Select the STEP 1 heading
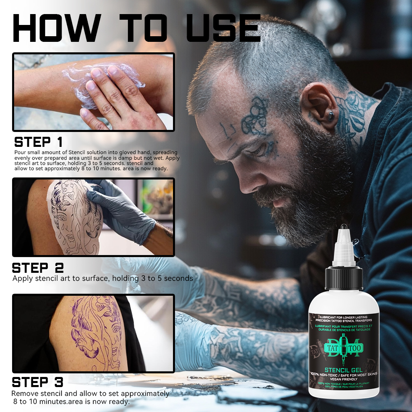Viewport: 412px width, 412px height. coord(39,142)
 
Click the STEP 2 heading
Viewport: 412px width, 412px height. coord(38,268)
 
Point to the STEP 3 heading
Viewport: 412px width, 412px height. coord(38,382)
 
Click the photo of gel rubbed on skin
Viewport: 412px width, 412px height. coord(93,92)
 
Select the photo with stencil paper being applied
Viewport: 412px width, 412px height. coord(93,217)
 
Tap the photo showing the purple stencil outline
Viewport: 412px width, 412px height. coord(93,334)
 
